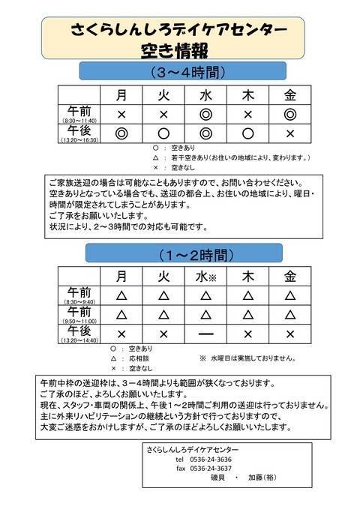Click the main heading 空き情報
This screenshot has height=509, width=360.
point(173,51)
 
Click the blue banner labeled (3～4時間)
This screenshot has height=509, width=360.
point(183,72)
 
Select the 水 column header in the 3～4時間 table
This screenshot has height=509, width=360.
point(205,95)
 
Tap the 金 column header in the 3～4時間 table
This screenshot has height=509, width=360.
point(290,95)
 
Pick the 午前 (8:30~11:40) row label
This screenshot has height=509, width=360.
point(79,114)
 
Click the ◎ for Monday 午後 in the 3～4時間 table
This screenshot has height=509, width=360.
point(121,133)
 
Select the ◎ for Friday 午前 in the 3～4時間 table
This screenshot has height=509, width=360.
point(290,114)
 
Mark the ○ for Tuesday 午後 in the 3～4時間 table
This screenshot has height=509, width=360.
point(163,133)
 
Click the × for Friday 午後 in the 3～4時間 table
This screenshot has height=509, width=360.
point(290,133)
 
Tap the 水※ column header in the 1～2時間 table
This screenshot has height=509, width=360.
point(205,276)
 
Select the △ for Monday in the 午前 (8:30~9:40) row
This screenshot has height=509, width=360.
point(121,295)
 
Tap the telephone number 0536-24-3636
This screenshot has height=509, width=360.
point(213,459)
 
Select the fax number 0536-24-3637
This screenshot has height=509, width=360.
point(213,468)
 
